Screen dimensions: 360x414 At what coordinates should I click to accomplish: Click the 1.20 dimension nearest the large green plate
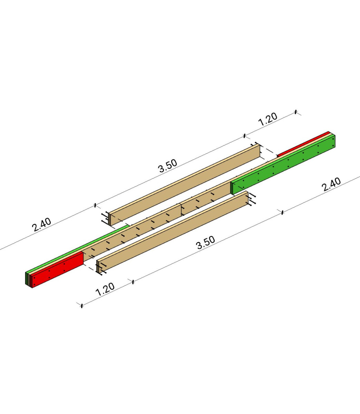267,119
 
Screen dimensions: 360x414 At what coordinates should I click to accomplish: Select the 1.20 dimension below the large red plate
105,289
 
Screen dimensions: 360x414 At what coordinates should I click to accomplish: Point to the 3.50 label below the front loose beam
206,243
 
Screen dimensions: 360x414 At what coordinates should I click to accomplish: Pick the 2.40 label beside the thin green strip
41,225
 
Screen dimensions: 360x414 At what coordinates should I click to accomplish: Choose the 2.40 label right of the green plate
331,184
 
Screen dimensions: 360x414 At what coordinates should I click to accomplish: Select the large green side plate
283,165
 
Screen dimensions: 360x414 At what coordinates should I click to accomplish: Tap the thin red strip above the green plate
303,144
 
